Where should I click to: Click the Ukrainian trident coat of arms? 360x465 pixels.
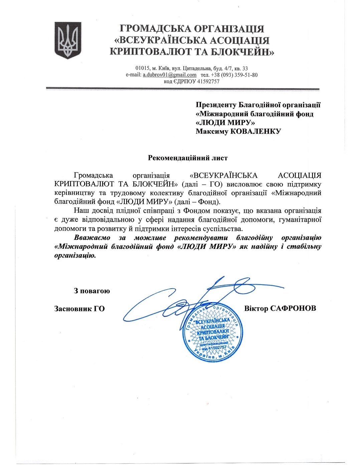68,40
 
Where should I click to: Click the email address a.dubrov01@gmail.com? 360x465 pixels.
170,75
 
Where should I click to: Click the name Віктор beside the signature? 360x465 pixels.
256,308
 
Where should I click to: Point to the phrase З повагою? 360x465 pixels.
92,291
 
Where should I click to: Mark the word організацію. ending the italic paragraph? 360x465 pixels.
75,256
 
